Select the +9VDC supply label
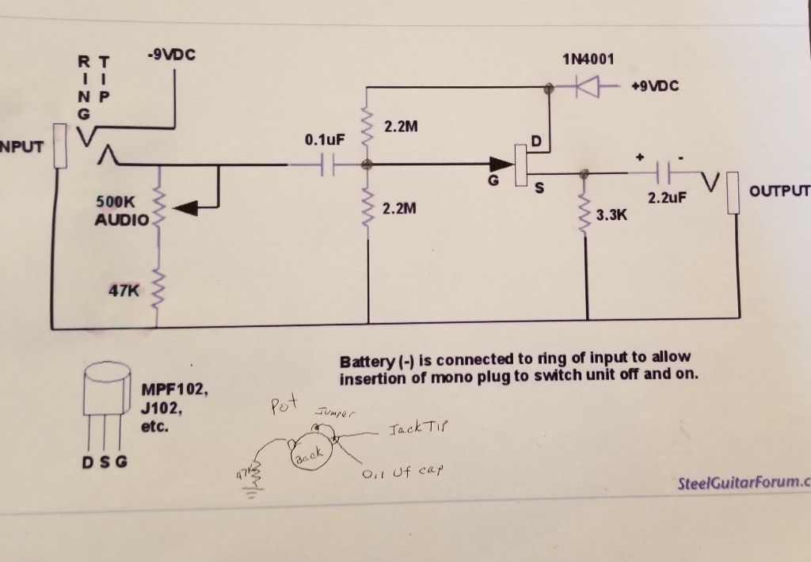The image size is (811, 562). tap(655, 85)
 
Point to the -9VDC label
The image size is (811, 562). tap(171, 56)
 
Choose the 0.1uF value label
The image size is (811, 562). tap(325, 140)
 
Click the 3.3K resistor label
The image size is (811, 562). tap(612, 215)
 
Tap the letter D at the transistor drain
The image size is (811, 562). tap(535, 142)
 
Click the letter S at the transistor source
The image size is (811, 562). tap(540, 188)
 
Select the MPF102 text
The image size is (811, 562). tap(174, 389)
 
